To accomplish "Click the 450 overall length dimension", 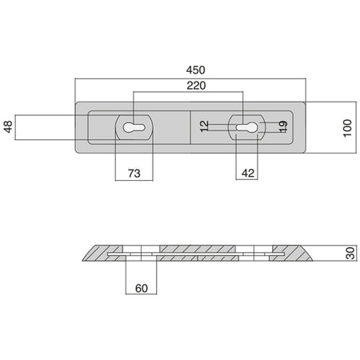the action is (x=196, y=70).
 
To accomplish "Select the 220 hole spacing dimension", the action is (x=196, y=86).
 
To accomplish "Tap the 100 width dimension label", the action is (x=347, y=128).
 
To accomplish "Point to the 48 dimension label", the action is (x=8, y=126).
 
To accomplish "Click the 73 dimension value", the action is (x=134, y=174).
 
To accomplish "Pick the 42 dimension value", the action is (x=248, y=174).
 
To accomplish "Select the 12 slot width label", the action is (x=204, y=126).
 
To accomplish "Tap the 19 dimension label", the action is (x=283, y=126).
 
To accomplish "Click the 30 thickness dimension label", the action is (x=350, y=253).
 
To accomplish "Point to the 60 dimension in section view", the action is (x=142, y=288).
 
